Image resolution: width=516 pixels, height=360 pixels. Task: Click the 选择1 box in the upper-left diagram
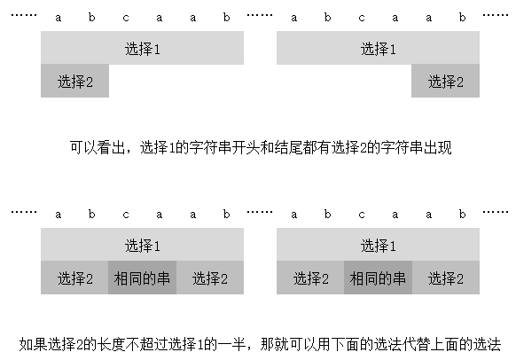click(x=142, y=48)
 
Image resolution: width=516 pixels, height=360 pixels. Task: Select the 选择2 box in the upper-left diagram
click(x=75, y=82)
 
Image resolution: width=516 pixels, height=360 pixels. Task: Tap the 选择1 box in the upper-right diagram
click(x=378, y=48)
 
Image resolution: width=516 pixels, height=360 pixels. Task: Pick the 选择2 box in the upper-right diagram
click(x=446, y=82)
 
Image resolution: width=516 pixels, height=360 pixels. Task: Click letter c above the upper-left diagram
click(x=126, y=17)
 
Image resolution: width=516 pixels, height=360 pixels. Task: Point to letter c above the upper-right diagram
click(x=362, y=17)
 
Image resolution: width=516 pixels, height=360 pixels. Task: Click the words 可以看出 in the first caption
click(x=98, y=148)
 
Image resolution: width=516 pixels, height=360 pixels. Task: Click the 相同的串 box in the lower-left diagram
click(x=142, y=278)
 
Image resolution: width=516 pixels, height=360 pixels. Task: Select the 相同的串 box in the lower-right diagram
click(x=378, y=278)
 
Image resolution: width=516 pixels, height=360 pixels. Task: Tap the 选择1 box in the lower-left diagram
click(x=142, y=245)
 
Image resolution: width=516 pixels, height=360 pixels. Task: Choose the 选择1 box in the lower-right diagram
click(x=378, y=245)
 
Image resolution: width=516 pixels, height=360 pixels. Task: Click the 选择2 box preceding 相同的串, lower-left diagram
click(x=75, y=278)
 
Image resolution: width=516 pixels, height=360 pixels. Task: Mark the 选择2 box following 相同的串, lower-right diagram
click(x=446, y=278)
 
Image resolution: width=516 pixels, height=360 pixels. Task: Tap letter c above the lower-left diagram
click(x=126, y=214)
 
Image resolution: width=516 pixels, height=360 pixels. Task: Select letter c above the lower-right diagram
click(x=362, y=214)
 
